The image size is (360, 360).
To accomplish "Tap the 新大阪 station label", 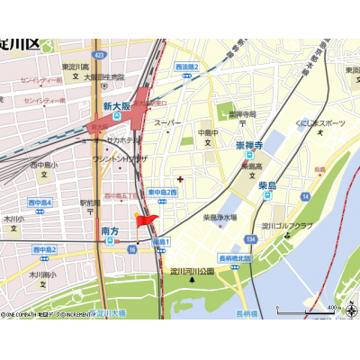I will [x=118, y=106].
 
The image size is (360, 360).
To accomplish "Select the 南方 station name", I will [x=110, y=230].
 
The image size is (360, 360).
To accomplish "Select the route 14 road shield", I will [x=305, y=195].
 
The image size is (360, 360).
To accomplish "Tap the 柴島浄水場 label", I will [x=220, y=217].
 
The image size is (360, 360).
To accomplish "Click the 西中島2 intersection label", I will [x=45, y=249].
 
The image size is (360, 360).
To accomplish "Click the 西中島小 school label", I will [x=43, y=165].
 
